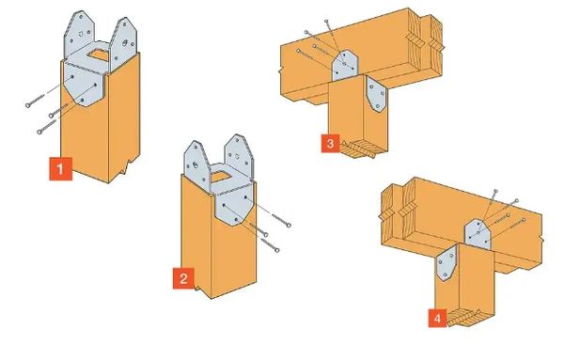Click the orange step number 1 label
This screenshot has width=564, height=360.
(x=60, y=168)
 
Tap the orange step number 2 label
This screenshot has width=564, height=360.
(x=183, y=278)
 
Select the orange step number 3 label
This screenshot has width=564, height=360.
(x=330, y=144)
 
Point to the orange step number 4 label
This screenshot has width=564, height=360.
(x=437, y=318)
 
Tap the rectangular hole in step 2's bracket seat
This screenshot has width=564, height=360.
(x=221, y=177)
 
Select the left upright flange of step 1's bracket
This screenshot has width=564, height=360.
(x=79, y=33)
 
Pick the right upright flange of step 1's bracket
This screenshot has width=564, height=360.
(x=123, y=43)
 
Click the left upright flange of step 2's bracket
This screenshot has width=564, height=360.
(x=196, y=164)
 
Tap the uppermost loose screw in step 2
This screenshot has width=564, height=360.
(x=281, y=220)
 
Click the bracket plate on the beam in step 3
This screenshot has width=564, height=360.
(x=345, y=65)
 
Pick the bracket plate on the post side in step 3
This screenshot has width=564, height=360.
(x=376, y=95)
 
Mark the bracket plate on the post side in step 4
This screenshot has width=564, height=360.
(x=446, y=263)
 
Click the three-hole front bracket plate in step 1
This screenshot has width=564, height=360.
(x=85, y=85)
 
